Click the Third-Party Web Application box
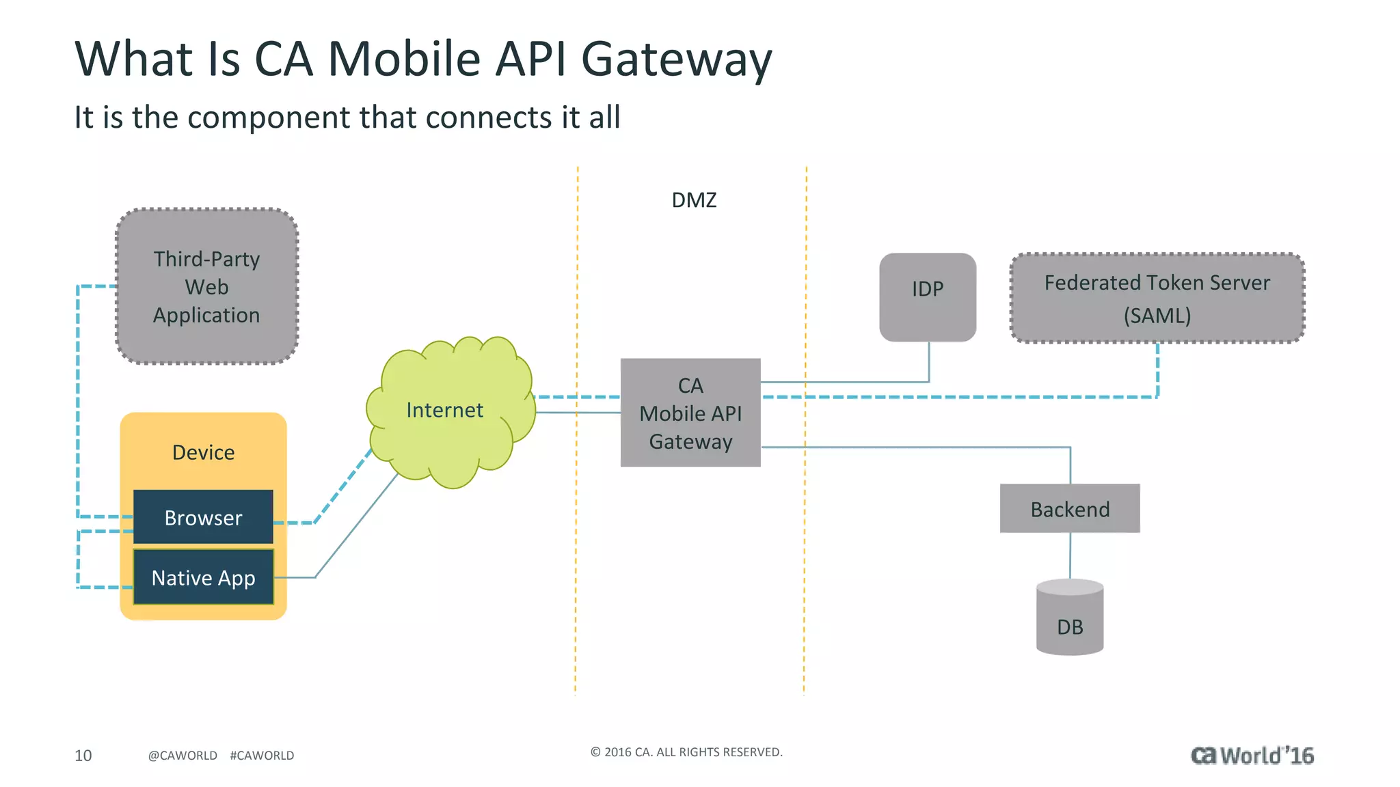(206, 286)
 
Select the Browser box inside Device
(203, 517)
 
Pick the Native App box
(203, 577)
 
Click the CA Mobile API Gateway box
(690, 413)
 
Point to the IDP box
(927, 296)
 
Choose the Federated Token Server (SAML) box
(1157, 298)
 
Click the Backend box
(1069, 509)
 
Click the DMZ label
(694, 200)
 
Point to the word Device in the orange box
(203, 452)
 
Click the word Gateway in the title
(676, 60)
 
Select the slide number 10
(83, 755)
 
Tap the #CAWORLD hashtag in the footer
(262, 755)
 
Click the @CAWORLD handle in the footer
(183, 755)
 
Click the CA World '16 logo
(1252, 755)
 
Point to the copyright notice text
(686, 752)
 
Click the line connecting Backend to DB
(1070, 555)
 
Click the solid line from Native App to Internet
(355, 526)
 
